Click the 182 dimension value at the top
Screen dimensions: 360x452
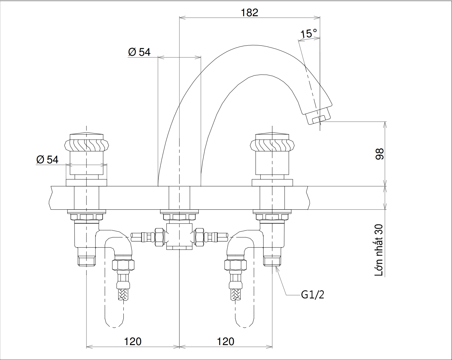250,12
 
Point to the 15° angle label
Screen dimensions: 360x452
309,33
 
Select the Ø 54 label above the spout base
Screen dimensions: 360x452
139,52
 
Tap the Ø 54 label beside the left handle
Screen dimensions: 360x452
47,159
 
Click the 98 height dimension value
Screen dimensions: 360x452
379,154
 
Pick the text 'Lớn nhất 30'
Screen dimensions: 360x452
379,250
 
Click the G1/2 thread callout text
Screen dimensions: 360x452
312,295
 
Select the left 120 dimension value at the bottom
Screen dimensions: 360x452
133,341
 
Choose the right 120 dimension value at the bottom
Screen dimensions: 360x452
225,341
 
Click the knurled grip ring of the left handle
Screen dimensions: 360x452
86,145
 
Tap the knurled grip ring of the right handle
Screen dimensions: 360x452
272,145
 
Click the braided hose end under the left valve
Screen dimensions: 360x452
123,294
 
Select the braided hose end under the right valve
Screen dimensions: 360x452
235,294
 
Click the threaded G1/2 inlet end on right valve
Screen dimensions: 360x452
272,261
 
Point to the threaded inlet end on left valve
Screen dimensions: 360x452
86,261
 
